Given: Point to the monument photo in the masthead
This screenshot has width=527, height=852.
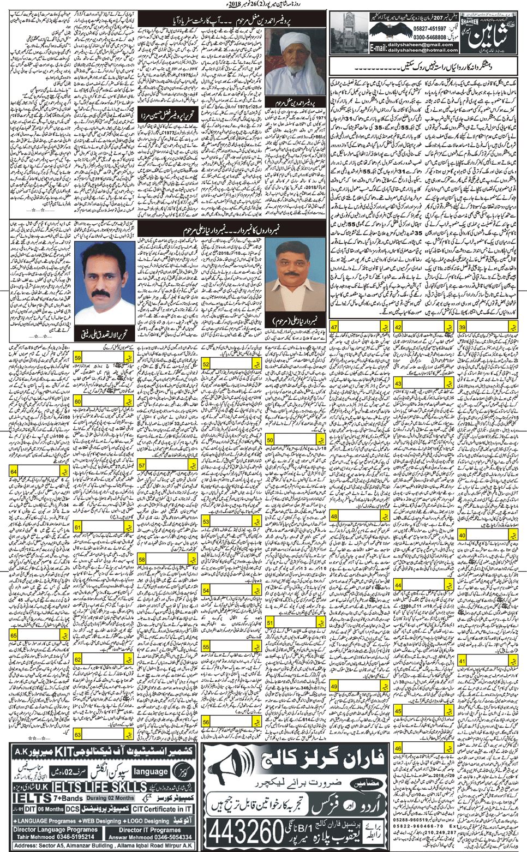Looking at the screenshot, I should point(350,32).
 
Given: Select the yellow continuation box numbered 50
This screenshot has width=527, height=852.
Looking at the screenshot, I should point(270,440).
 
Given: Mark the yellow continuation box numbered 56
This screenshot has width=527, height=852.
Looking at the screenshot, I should point(206,722).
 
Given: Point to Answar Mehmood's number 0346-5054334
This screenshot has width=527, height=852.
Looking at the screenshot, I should point(165,837).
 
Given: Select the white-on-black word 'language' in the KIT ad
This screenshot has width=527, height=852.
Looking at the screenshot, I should point(151,772).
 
